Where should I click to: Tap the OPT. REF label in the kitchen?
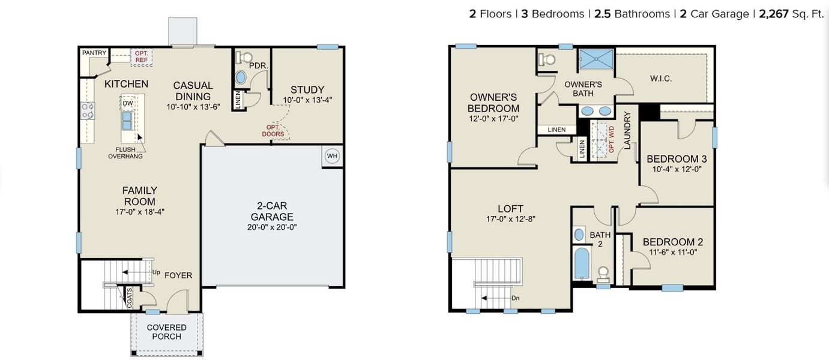(142, 56)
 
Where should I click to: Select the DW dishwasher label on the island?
(128, 103)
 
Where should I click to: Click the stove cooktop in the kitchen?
(88, 110)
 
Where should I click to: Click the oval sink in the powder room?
(241, 77)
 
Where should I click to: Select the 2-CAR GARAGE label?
(272, 211)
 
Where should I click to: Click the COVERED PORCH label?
(166, 332)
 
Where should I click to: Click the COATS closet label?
(128, 298)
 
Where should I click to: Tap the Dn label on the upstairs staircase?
(515, 298)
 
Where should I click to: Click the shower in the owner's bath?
(595, 60)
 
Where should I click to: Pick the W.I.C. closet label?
(660, 79)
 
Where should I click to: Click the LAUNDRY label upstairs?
(627, 130)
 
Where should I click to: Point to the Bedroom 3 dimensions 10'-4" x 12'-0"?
(677, 169)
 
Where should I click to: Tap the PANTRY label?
(94, 53)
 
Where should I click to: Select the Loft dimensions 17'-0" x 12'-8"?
(510, 219)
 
